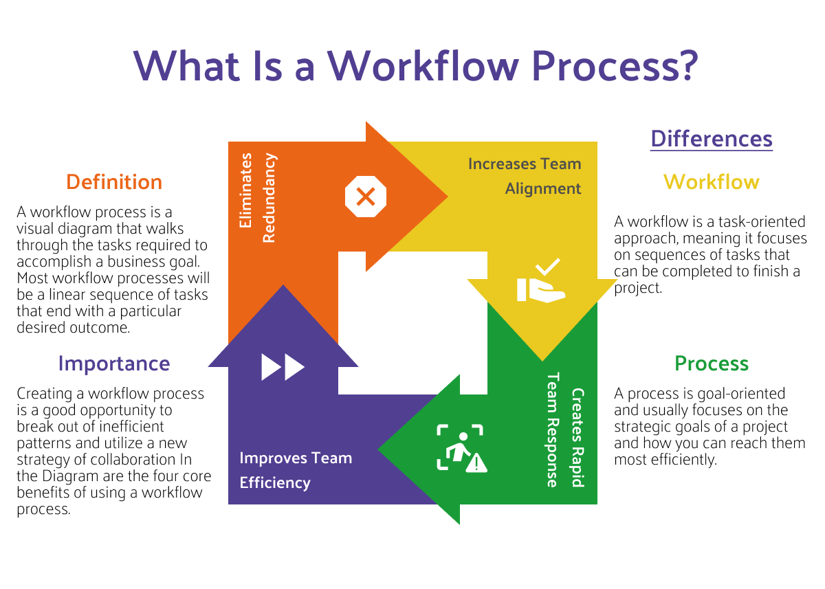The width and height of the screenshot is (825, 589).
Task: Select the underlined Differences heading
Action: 712,139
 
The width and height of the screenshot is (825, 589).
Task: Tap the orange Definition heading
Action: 114,182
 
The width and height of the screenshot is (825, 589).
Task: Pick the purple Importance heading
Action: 114,363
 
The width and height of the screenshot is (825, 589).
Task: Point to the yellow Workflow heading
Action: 712,182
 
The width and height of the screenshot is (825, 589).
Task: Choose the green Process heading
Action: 712,363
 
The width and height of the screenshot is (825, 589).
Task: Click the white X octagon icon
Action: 365,197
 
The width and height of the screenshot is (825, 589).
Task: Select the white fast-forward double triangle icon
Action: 283,367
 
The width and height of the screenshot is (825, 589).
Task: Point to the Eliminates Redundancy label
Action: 257,198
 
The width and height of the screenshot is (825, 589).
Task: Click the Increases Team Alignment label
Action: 525,176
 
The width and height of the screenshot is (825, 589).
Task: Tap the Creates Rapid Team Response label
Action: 564,430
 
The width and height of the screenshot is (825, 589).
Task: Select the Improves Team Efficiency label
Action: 296,470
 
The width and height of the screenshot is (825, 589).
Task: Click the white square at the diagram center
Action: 412,323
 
